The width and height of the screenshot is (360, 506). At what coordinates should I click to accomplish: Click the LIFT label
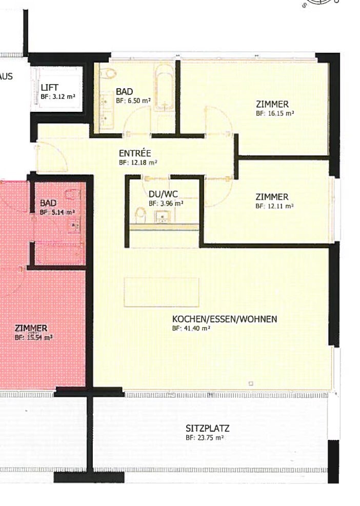click(x=50, y=88)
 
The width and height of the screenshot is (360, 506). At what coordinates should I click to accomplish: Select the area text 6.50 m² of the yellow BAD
click(x=133, y=100)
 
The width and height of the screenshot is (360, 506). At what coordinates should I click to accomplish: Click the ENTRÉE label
click(x=134, y=153)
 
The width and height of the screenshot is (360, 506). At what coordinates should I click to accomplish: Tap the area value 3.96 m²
click(x=166, y=203)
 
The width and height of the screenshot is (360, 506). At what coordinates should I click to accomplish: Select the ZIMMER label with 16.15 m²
click(x=272, y=104)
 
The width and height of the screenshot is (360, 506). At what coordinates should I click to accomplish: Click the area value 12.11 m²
click(x=274, y=206)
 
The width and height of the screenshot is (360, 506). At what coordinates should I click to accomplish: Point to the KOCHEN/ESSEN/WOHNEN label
click(x=224, y=319)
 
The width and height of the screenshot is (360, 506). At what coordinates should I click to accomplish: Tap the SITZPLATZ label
click(x=207, y=429)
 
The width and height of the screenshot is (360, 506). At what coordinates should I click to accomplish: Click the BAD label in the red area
click(x=48, y=203)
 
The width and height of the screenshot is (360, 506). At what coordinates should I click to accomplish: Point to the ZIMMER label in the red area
click(x=31, y=328)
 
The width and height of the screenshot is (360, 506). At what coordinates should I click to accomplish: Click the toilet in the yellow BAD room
click(x=108, y=74)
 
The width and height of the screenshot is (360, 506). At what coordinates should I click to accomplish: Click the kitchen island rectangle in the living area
click(x=161, y=292)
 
